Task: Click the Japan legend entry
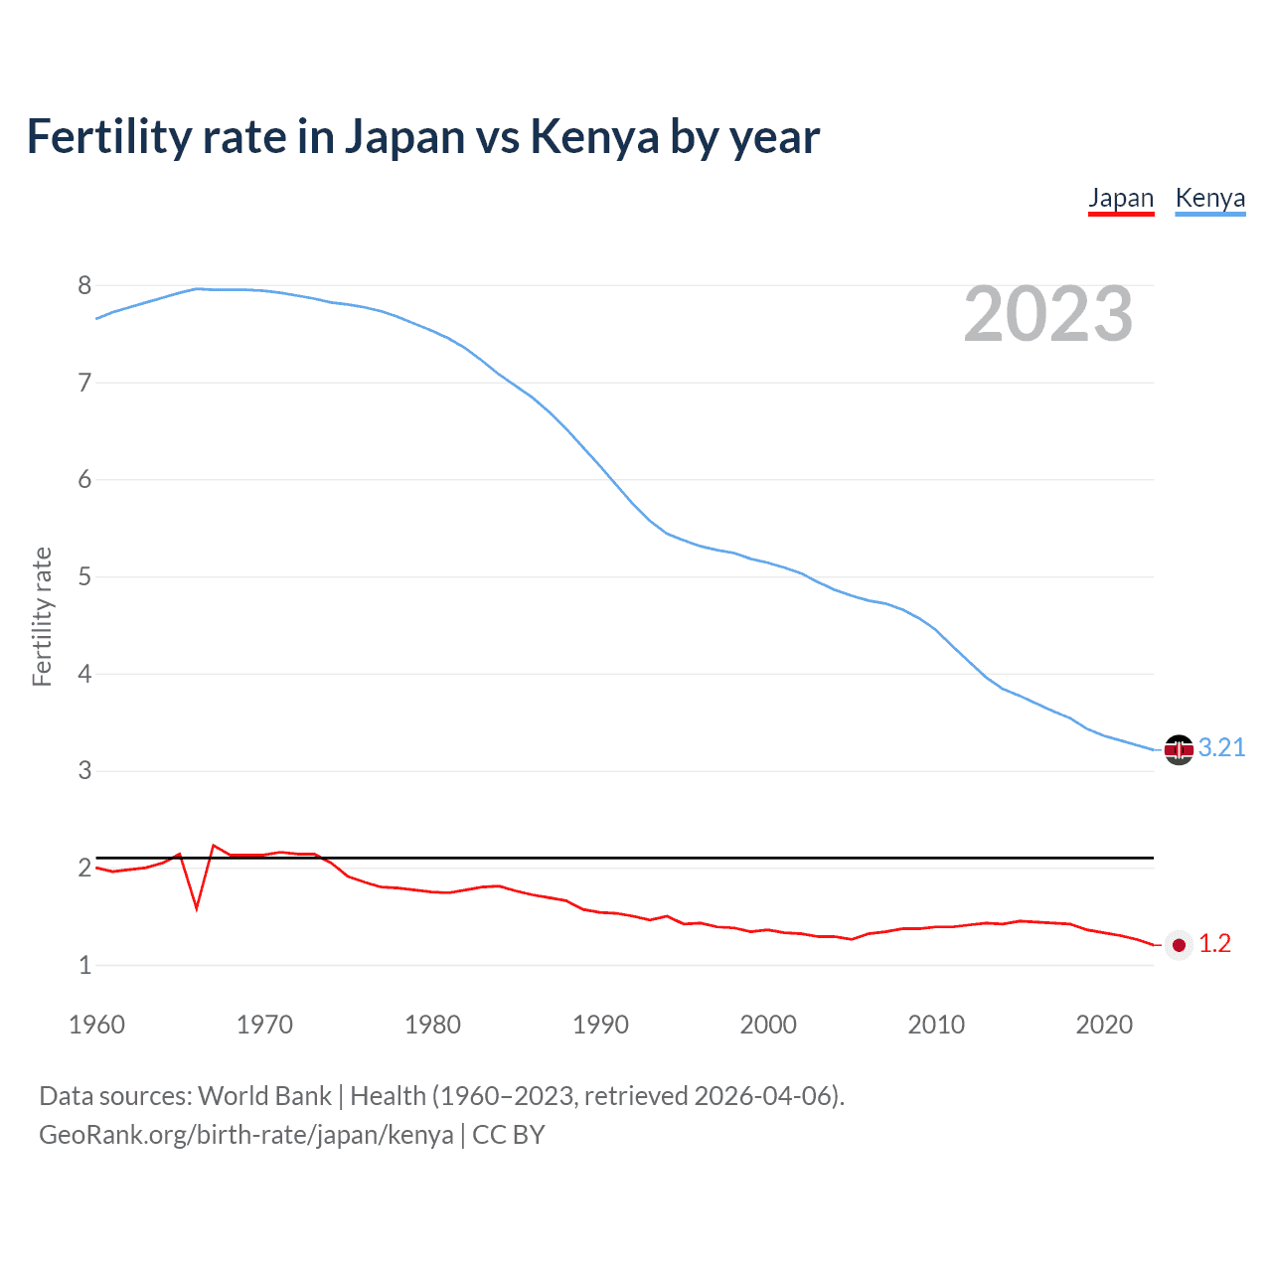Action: click(x=1121, y=198)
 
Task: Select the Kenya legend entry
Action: click(x=1209, y=198)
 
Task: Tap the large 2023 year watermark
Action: click(x=1048, y=314)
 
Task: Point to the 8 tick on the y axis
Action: click(x=84, y=286)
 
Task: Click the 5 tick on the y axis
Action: click(x=84, y=577)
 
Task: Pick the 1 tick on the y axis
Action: click(x=84, y=966)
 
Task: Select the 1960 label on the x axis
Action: click(x=96, y=1025)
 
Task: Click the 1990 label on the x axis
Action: click(x=600, y=1025)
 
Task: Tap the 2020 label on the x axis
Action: click(x=1104, y=1025)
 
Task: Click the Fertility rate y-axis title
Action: click(x=42, y=616)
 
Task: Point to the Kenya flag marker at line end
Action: click(x=1179, y=749)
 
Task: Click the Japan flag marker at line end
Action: click(x=1179, y=945)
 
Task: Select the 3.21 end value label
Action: click(x=1221, y=748)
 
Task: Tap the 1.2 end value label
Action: click(x=1214, y=944)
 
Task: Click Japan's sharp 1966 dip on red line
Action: click(x=197, y=907)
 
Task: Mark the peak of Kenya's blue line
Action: click(x=197, y=288)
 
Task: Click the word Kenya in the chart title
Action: click(x=594, y=137)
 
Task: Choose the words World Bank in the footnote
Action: click(x=264, y=1096)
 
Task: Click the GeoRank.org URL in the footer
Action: click(x=245, y=1135)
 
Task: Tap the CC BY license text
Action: click(x=508, y=1135)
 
